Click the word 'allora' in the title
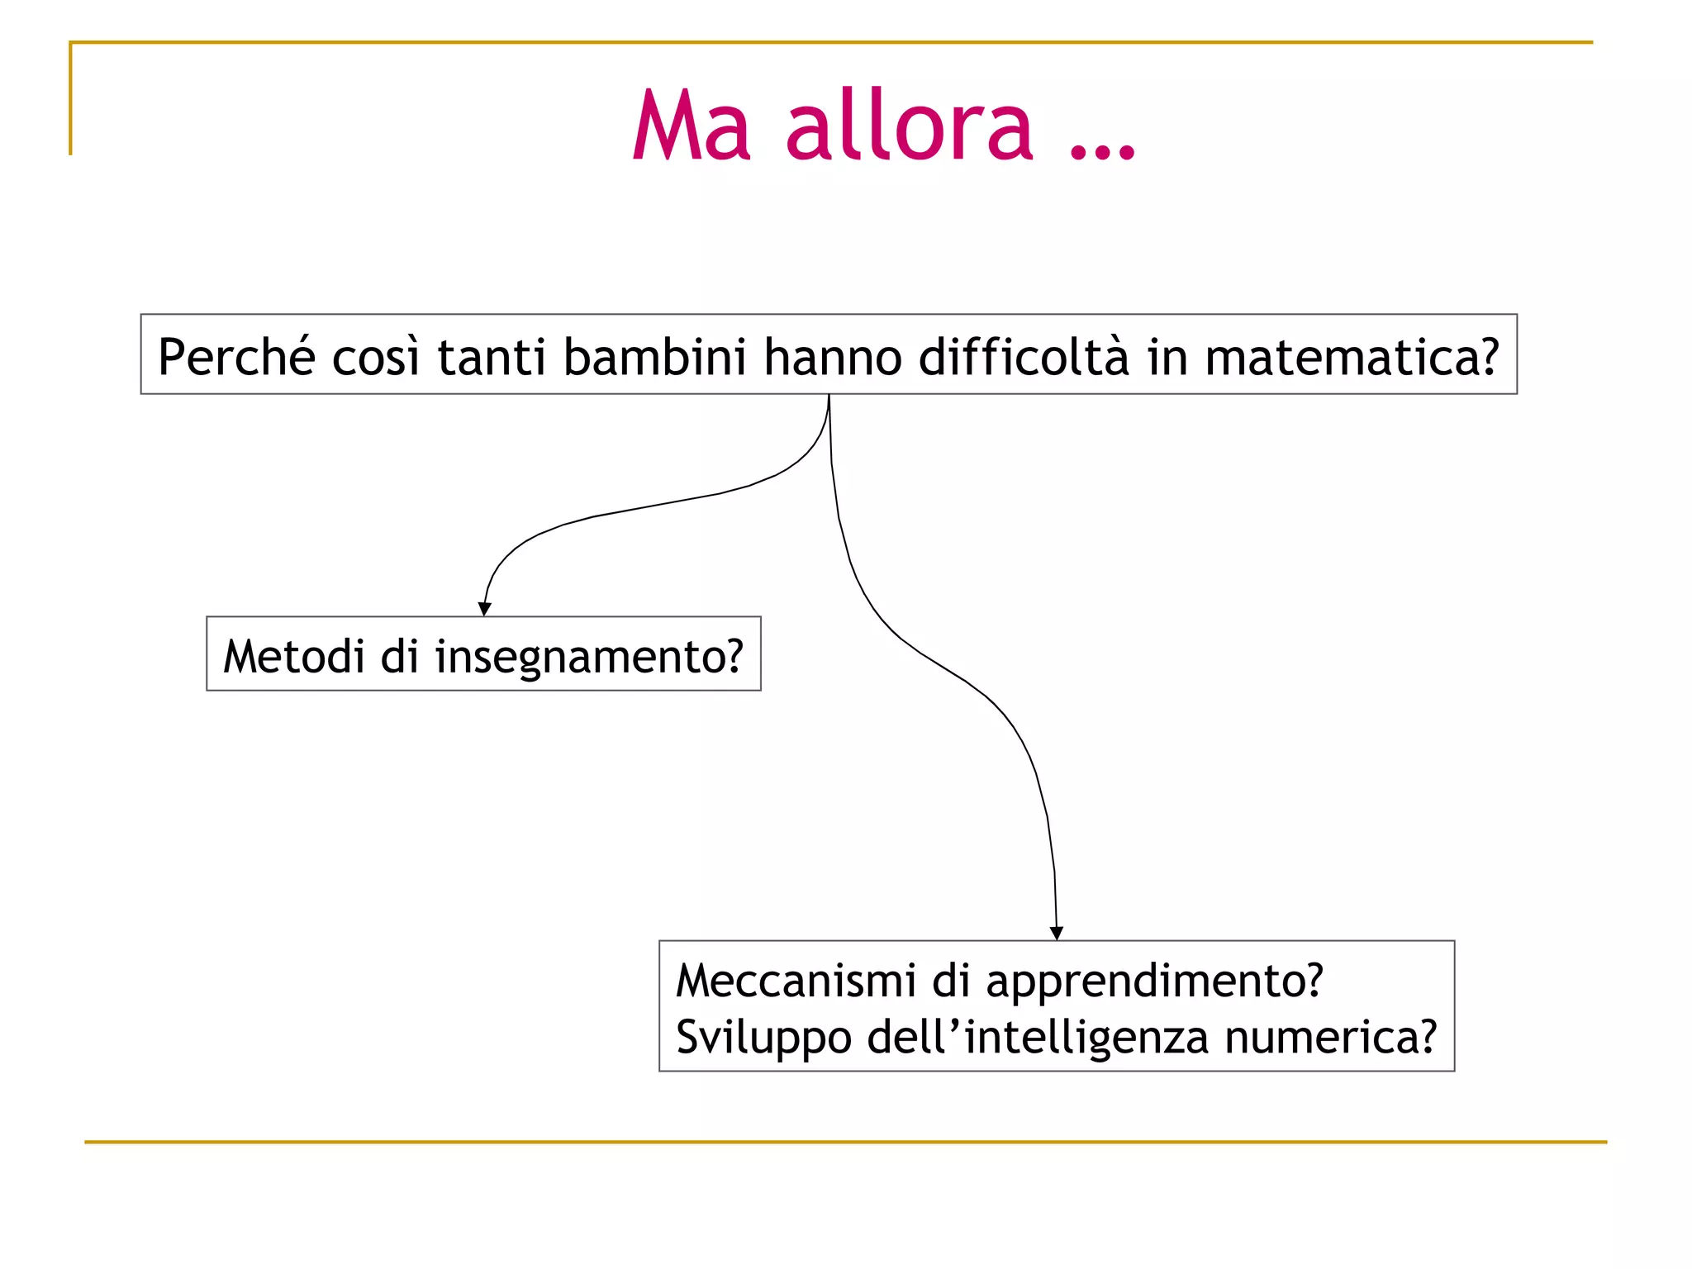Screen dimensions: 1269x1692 point(909,126)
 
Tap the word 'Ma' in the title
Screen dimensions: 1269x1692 point(692,126)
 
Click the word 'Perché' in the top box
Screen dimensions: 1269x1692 point(236,357)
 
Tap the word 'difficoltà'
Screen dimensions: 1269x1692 point(1024,357)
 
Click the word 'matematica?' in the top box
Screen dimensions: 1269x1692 point(1352,357)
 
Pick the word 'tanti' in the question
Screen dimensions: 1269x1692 point(492,357)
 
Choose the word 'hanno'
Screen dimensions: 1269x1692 point(833,357)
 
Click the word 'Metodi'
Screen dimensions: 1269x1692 point(294,656)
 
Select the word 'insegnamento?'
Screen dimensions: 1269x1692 point(589,658)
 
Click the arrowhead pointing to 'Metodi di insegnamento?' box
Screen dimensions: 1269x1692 point(485,610)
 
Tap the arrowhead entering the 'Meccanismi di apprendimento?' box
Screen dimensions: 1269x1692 point(1056,934)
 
